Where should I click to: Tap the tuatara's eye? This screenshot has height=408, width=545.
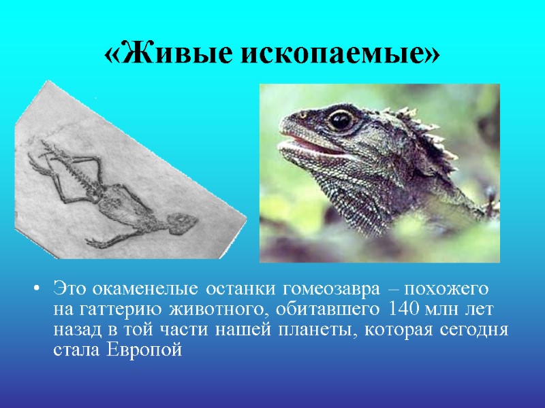(x=341, y=120)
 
